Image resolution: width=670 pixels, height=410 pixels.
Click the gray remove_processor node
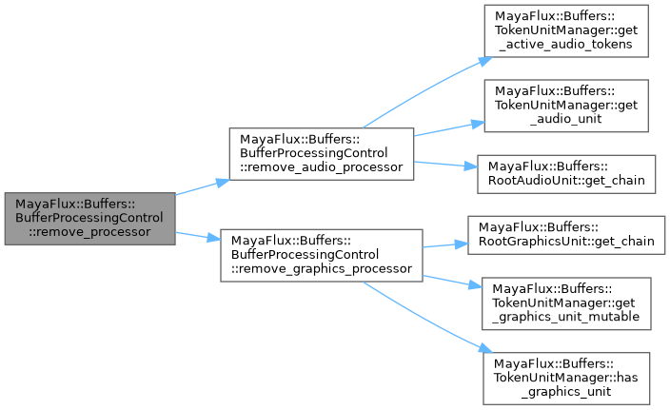point(89,218)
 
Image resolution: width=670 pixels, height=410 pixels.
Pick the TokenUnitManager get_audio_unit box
point(567,106)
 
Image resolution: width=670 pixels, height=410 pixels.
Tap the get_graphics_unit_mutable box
point(567,303)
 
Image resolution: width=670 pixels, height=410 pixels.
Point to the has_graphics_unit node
point(567,369)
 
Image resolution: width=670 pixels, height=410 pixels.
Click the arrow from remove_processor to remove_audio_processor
point(200,186)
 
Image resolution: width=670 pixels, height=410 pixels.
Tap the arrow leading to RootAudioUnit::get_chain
point(443,164)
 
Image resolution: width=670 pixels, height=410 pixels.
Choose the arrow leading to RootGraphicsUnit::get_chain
point(443,244)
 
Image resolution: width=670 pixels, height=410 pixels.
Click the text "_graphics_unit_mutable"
point(567,316)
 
